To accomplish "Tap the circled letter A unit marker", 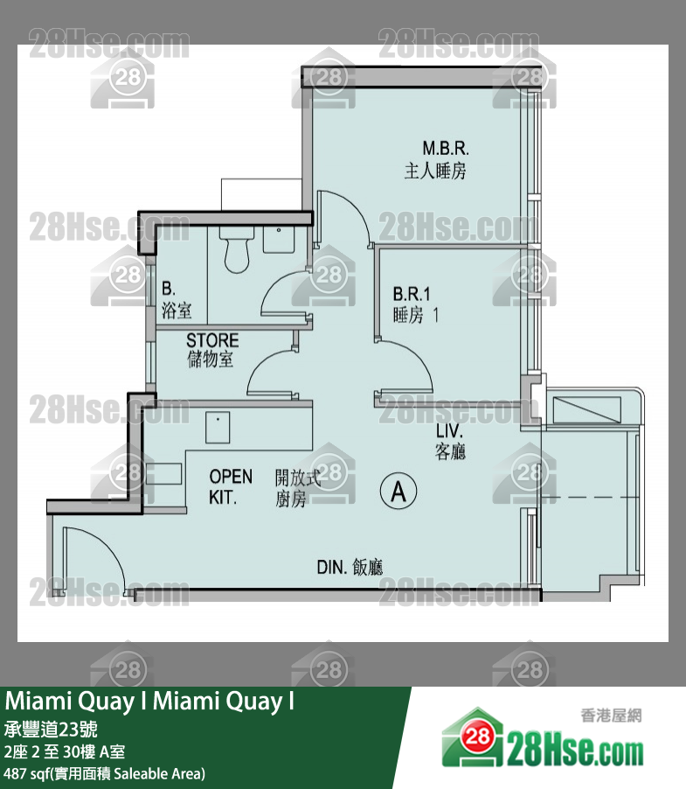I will click(398, 492).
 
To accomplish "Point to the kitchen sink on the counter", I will click(218, 428).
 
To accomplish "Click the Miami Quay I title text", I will click(149, 702).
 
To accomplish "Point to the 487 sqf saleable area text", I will click(104, 773).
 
